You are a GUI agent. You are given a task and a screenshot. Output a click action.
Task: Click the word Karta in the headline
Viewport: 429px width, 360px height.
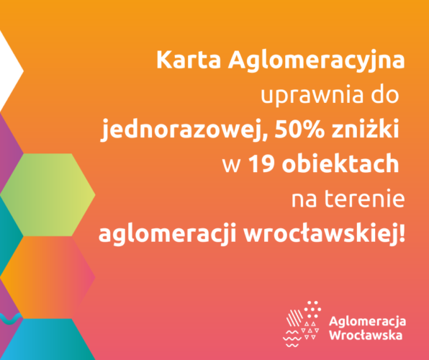click(189, 60)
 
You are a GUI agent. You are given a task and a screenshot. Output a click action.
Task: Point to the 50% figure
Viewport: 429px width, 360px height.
click(299, 129)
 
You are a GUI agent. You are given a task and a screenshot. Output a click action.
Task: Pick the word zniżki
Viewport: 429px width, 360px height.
click(365, 128)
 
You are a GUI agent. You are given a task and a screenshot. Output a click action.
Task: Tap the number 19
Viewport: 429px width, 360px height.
click(262, 163)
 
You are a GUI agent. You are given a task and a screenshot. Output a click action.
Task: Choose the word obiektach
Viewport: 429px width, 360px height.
click(340, 163)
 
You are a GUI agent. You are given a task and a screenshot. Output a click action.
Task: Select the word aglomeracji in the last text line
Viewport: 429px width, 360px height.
click(167, 234)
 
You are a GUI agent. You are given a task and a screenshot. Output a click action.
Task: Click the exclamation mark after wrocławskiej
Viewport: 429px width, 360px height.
click(402, 233)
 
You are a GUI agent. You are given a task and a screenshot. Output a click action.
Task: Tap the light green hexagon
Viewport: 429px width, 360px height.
click(48, 195)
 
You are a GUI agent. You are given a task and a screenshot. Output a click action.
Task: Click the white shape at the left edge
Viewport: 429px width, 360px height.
click(9, 71)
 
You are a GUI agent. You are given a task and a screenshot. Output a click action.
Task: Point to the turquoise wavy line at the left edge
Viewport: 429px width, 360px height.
click(10, 319)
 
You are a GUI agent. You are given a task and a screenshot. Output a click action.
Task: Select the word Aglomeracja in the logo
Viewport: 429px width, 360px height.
click(367, 321)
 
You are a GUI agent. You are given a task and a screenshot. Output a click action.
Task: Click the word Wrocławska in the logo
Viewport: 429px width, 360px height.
click(366, 335)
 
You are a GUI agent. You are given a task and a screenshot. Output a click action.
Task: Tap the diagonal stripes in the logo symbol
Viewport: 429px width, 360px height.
click(294, 318)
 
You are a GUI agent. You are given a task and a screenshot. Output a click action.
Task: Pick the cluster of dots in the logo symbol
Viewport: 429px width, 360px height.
click(312, 309)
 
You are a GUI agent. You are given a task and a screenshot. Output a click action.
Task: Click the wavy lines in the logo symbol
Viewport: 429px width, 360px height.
click(292, 339)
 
